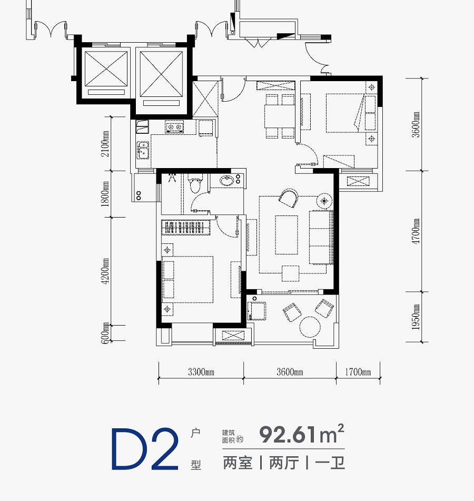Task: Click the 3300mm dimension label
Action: (201, 372)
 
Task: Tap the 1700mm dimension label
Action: (358, 372)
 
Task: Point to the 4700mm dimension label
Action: (416, 231)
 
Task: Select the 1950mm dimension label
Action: (416, 317)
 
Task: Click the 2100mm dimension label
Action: (105, 144)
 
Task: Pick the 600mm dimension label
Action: (105, 333)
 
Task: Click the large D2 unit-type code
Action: (145, 449)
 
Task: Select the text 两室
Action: (238, 463)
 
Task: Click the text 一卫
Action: (330, 463)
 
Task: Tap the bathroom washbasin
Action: (227, 181)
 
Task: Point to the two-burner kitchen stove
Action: (174, 127)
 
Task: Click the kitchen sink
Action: (143, 150)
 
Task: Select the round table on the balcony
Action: (310, 327)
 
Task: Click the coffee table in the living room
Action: (287, 235)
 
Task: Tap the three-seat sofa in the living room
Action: (321, 237)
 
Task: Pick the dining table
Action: (280, 116)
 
